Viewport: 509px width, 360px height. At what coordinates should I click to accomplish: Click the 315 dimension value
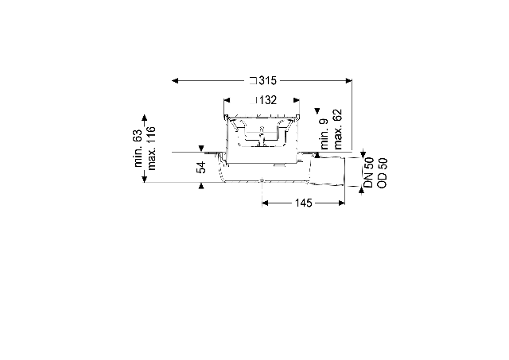coord(267,80)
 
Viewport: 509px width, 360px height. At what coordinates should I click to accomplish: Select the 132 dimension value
coord(268,100)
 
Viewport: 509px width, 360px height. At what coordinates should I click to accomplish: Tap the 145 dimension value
coord(304,203)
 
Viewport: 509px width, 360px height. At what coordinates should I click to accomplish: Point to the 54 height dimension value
coord(201,167)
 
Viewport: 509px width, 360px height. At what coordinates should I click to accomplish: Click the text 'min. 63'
coord(138,149)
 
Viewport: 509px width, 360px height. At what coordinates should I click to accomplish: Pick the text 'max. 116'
coord(151,149)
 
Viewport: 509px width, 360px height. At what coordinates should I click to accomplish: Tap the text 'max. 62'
coord(337,129)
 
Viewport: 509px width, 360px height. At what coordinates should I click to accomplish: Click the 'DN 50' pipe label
coord(369,172)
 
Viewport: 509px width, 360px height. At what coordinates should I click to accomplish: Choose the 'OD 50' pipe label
coord(383,173)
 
